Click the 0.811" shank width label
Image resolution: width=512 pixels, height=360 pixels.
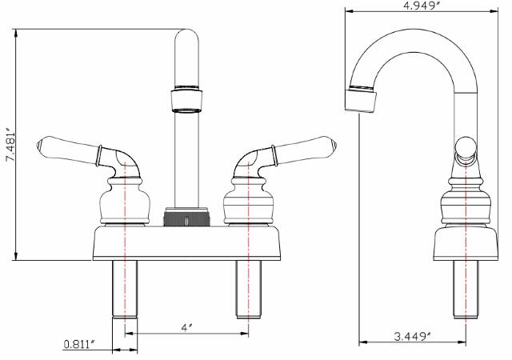[80, 345]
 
